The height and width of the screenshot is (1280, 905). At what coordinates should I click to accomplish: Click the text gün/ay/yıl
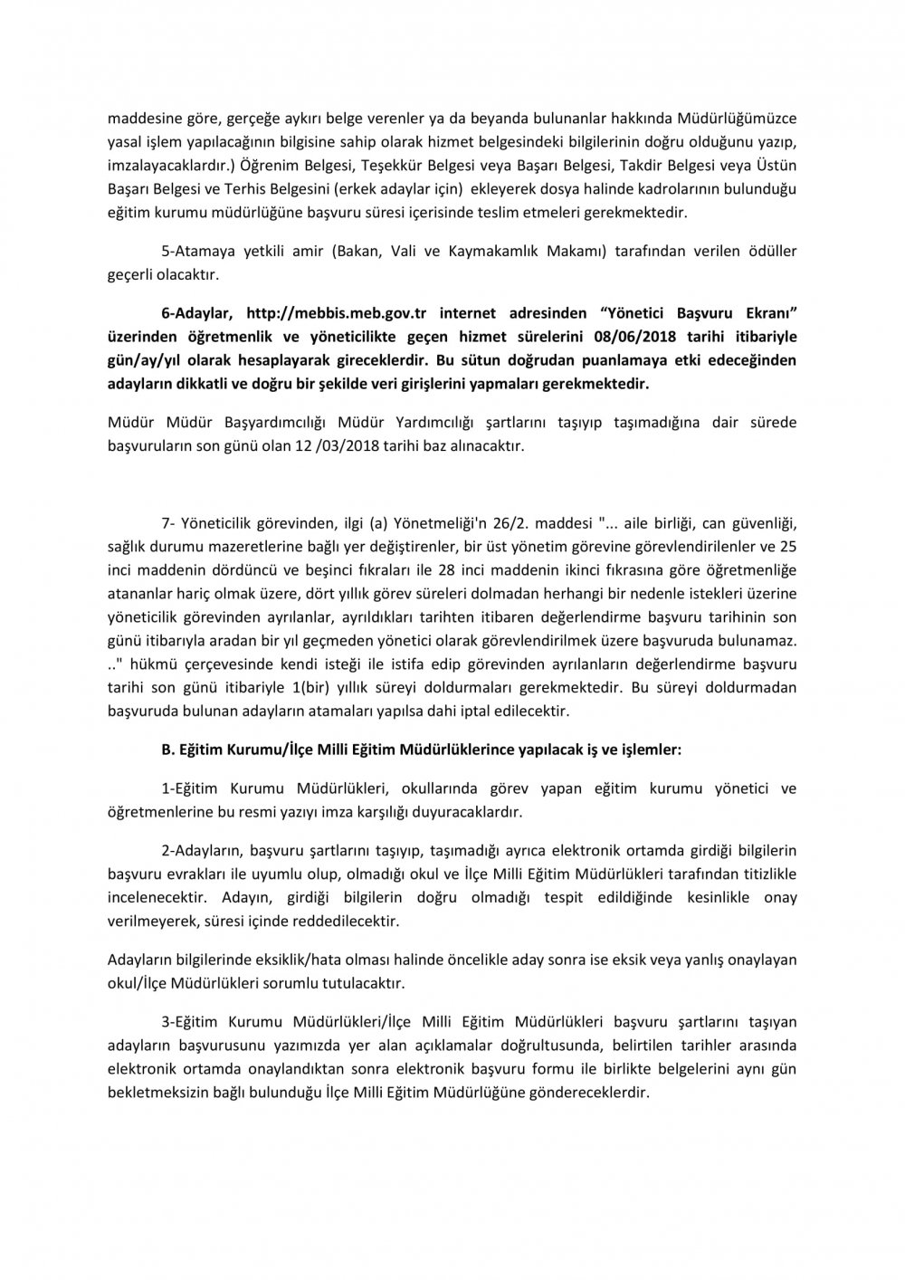point(145,360)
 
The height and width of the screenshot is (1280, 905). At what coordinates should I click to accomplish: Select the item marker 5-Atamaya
point(196,250)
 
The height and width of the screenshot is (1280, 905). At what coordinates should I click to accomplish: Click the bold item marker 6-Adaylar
point(197,313)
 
